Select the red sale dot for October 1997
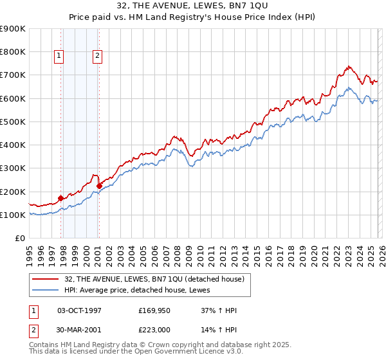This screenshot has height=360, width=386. (x=61, y=198)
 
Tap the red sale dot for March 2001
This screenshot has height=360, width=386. (x=99, y=186)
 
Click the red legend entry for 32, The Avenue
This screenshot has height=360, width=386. (x=154, y=279)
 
